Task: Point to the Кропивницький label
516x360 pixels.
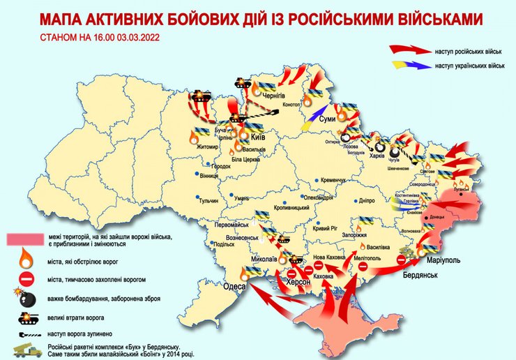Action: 291,208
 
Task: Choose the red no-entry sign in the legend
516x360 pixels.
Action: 24,280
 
